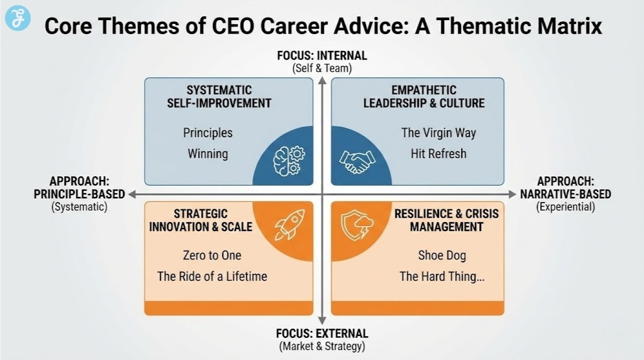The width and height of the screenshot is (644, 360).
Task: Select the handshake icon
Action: pyautogui.click(x=356, y=160)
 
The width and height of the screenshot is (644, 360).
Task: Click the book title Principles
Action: pyautogui.click(x=208, y=133)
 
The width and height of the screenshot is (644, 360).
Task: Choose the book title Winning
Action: pyautogui.click(x=208, y=154)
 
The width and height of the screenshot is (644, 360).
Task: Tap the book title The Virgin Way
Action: pyautogui.click(x=438, y=133)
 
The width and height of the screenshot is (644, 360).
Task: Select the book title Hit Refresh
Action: pyautogui.click(x=438, y=154)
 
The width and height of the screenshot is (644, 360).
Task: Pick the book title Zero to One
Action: pyautogui.click(x=212, y=256)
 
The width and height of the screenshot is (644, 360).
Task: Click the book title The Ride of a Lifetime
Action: pyautogui.click(x=212, y=276)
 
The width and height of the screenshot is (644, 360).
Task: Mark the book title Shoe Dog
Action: pyautogui.click(x=441, y=256)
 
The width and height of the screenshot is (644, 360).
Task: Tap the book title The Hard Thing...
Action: pyautogui.click(x=441, y=276)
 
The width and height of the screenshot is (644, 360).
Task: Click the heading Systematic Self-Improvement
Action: pyautogui.click(x=219, y=96)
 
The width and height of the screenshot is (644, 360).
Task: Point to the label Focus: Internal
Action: pyautogui.click(x=322, y=56)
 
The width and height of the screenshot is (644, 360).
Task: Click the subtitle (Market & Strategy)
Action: pyautogui.click(x=322, y=346)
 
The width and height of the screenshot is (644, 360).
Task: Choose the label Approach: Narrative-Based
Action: pyautogui.click(x=565, y=188)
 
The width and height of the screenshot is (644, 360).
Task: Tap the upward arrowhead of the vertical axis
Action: pyautogui.click(x=322, y=79)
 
